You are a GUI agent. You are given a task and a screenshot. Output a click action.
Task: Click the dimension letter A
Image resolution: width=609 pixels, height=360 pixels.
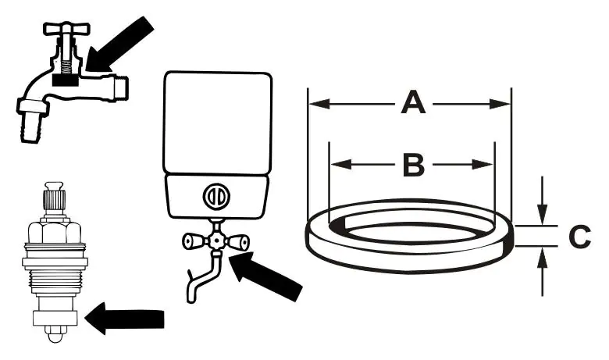point(413,103)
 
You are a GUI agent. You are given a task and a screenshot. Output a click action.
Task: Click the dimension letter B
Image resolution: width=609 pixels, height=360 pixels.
point(413,165)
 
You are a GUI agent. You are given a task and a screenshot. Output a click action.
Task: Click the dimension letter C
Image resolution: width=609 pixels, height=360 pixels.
point(579,237)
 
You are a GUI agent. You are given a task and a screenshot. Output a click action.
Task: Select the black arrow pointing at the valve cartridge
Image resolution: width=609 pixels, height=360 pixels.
point(125,319)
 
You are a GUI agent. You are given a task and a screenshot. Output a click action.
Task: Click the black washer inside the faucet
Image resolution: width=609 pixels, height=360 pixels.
point(66,79)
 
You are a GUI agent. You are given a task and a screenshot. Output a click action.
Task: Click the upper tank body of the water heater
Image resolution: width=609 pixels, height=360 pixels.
point(216,121)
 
